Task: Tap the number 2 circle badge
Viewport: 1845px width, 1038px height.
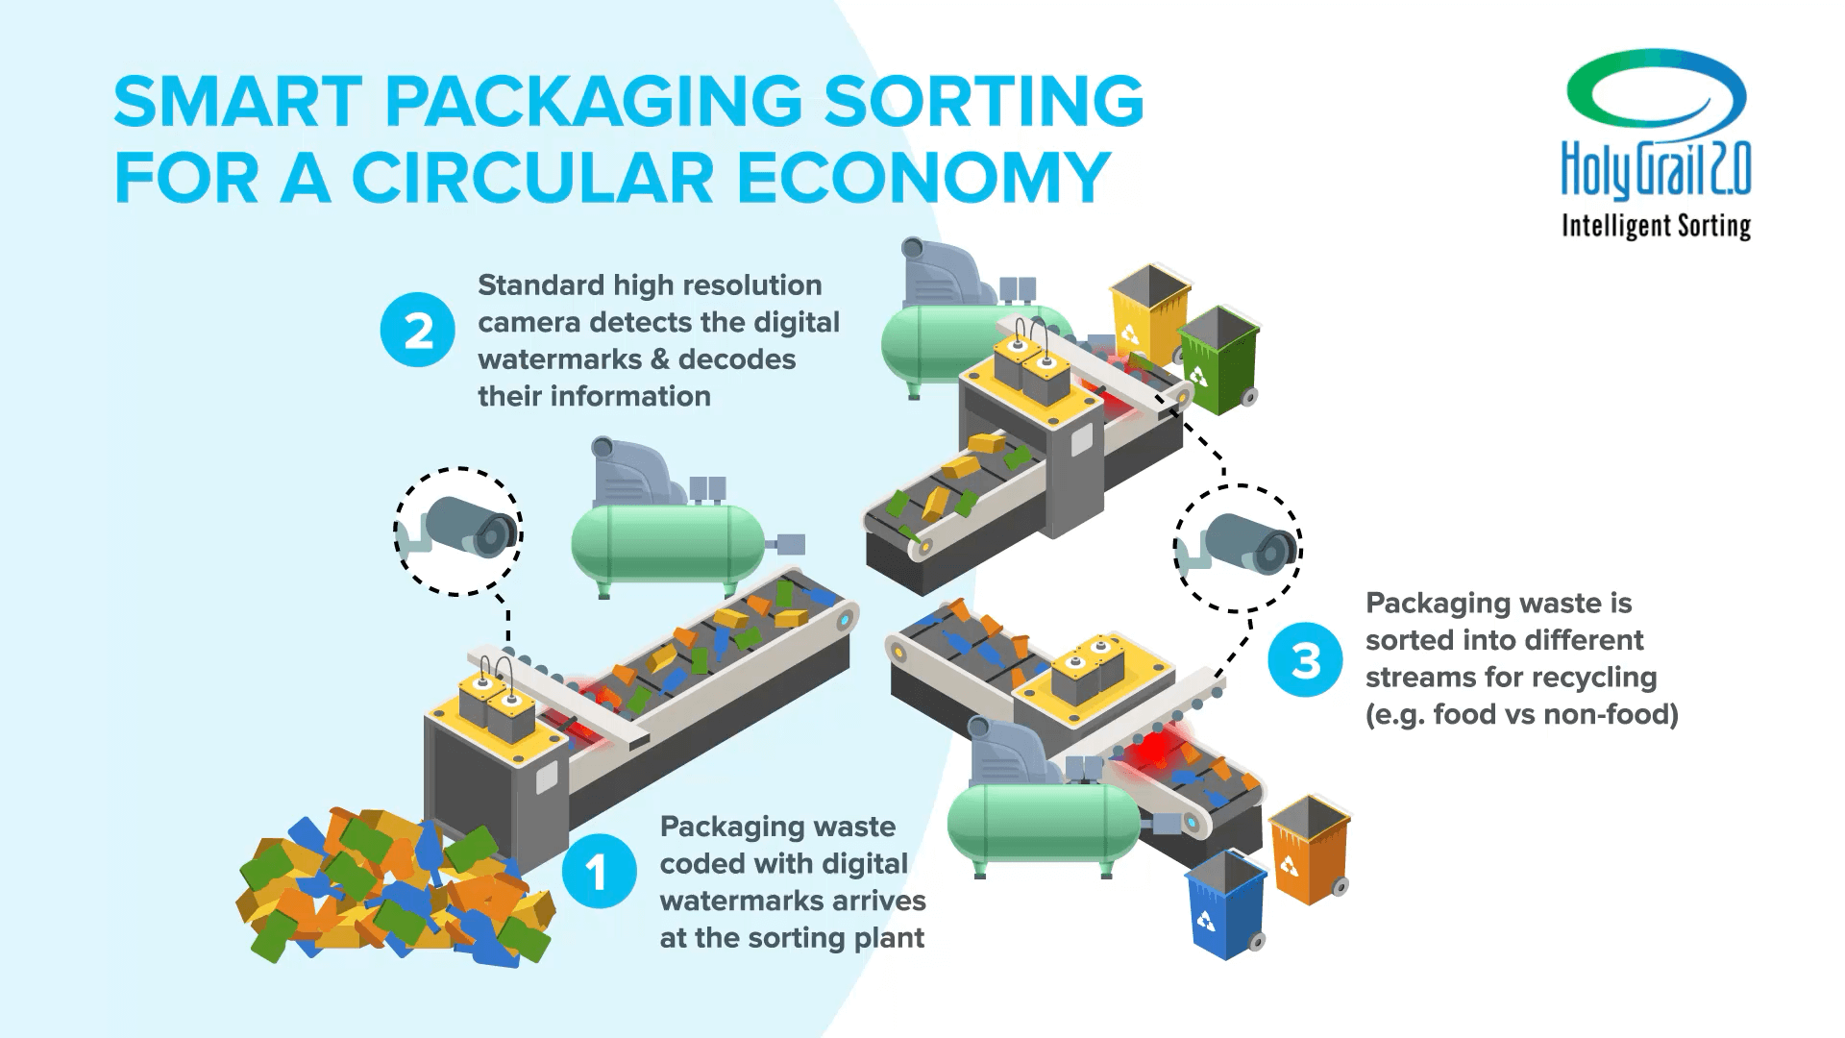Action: click(x=417, y=332)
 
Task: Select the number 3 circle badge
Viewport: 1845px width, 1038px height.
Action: click(x=1304, y=661)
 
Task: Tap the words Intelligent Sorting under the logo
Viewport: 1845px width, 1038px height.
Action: click(x=1656, y=226)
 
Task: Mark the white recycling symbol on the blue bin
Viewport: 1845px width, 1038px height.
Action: click(x=1205, y=921)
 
